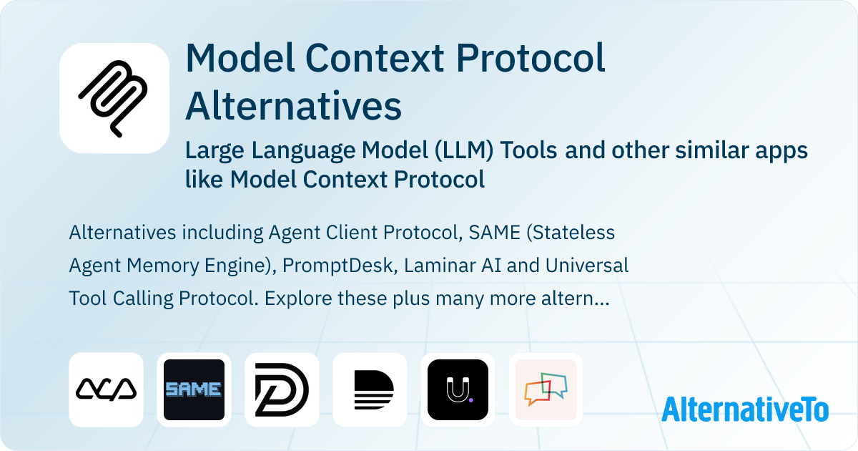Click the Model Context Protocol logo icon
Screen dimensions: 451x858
coord(114,98)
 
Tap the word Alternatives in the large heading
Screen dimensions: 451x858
coord(293,105)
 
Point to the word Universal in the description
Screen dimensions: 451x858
coord(587,266)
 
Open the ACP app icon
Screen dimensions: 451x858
coord(106,389)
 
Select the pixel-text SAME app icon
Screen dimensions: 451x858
coord(194,389)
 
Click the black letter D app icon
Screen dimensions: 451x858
coord(282,389)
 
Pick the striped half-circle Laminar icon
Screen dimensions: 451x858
coord(370,389)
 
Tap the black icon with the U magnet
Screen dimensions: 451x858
coord(458,389)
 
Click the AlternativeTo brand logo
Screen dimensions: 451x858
coord(744,409)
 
